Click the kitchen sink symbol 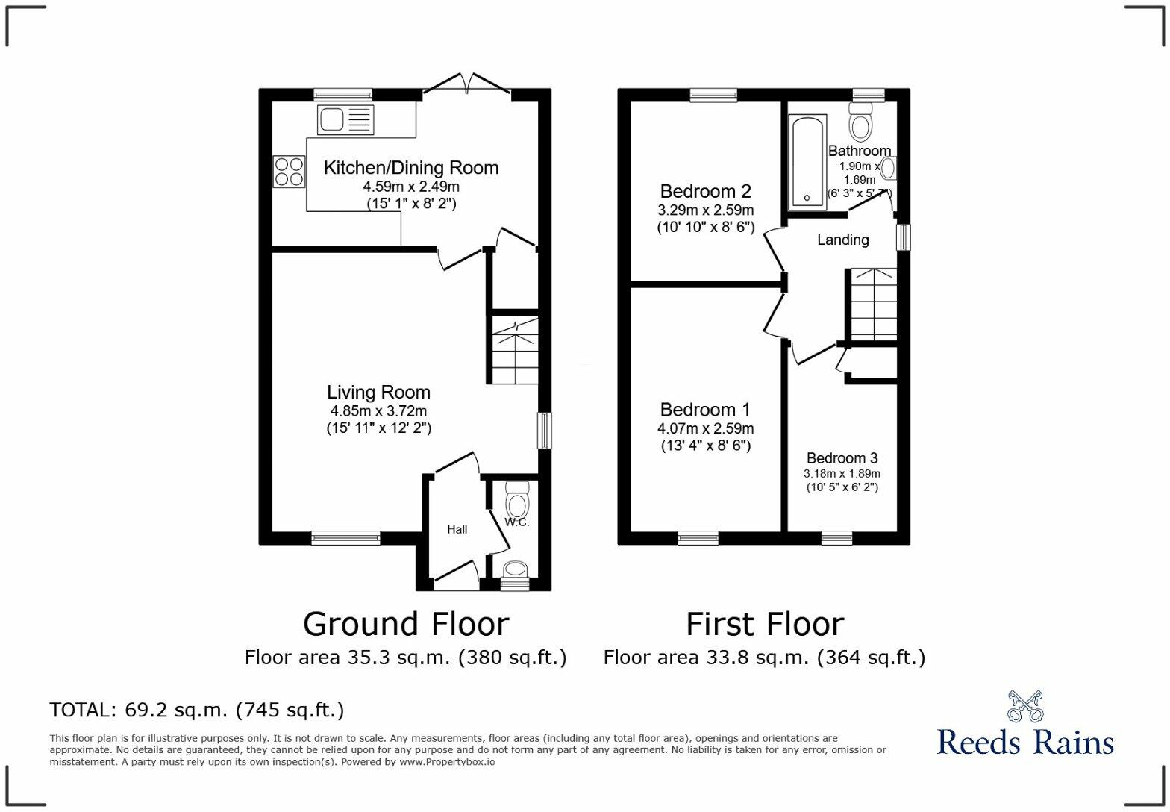(345, 120)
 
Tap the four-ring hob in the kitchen (289, 172)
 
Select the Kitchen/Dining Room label (411, 168)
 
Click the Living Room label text (379, 392)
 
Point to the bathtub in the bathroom (807, 162)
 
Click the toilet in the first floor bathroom (860, 121)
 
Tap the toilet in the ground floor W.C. (517, 500)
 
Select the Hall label (457, 529)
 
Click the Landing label (843, 240)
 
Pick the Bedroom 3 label (842, 458)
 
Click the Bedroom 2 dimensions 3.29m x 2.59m (705, 210)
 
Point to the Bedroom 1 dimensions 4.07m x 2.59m (705, 428)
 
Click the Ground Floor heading (406, 624)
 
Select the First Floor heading (765, 624)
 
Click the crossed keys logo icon (1025, 705)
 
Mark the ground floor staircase (516, 350)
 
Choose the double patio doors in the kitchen (466, 84)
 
